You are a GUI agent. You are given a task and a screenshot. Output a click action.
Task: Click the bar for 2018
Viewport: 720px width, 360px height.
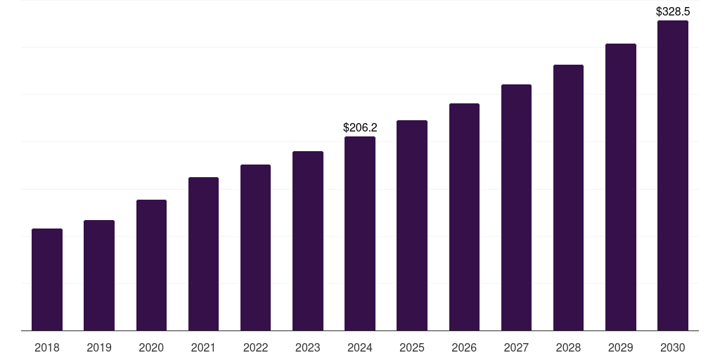[x=47, y=280]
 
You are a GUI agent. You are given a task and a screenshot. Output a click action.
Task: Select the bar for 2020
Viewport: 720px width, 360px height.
[x=152, y=265]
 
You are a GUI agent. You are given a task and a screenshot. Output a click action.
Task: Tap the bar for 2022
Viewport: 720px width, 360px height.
[x=255, y=247]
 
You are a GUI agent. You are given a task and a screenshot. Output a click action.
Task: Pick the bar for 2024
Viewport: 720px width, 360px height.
[x=360, y=233]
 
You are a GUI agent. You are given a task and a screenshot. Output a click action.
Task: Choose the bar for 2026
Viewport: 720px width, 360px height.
[x=464, y=217]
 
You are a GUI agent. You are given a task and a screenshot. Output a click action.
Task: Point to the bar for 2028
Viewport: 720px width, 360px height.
[x=568, y=198]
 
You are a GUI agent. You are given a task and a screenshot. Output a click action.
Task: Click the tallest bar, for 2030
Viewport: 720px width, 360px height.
[x=673, y=175]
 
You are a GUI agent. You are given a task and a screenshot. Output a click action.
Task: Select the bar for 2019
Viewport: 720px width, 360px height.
[x=99, y=276]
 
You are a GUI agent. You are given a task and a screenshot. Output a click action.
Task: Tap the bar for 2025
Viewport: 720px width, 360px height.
[x=412, y=226]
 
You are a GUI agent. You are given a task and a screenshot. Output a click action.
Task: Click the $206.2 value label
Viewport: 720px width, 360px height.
[x=360, y=127]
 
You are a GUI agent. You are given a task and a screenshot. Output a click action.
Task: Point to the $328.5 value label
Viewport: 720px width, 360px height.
[x=673, y=11]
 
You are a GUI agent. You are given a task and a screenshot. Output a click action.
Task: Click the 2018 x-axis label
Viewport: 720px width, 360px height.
[x=47, y=347]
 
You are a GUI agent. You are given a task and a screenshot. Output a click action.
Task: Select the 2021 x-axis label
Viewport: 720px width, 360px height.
[x=203, y=347]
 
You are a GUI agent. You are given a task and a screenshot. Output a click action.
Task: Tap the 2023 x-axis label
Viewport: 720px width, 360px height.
[x=308, y=347]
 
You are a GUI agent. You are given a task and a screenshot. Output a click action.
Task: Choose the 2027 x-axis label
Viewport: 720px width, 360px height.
[x=516, y=347]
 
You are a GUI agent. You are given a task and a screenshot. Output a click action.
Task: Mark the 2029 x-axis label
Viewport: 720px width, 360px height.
[x=621, y=347]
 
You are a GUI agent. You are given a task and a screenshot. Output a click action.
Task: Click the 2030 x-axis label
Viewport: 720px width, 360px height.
[x=673, y=347]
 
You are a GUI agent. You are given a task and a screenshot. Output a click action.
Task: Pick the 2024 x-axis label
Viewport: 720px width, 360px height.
[x=360, y=347]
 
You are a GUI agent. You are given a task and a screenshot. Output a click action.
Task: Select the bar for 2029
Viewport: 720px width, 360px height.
[x=621, y=187]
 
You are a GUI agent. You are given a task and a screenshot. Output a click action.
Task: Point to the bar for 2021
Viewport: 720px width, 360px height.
[x=203, y=254]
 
